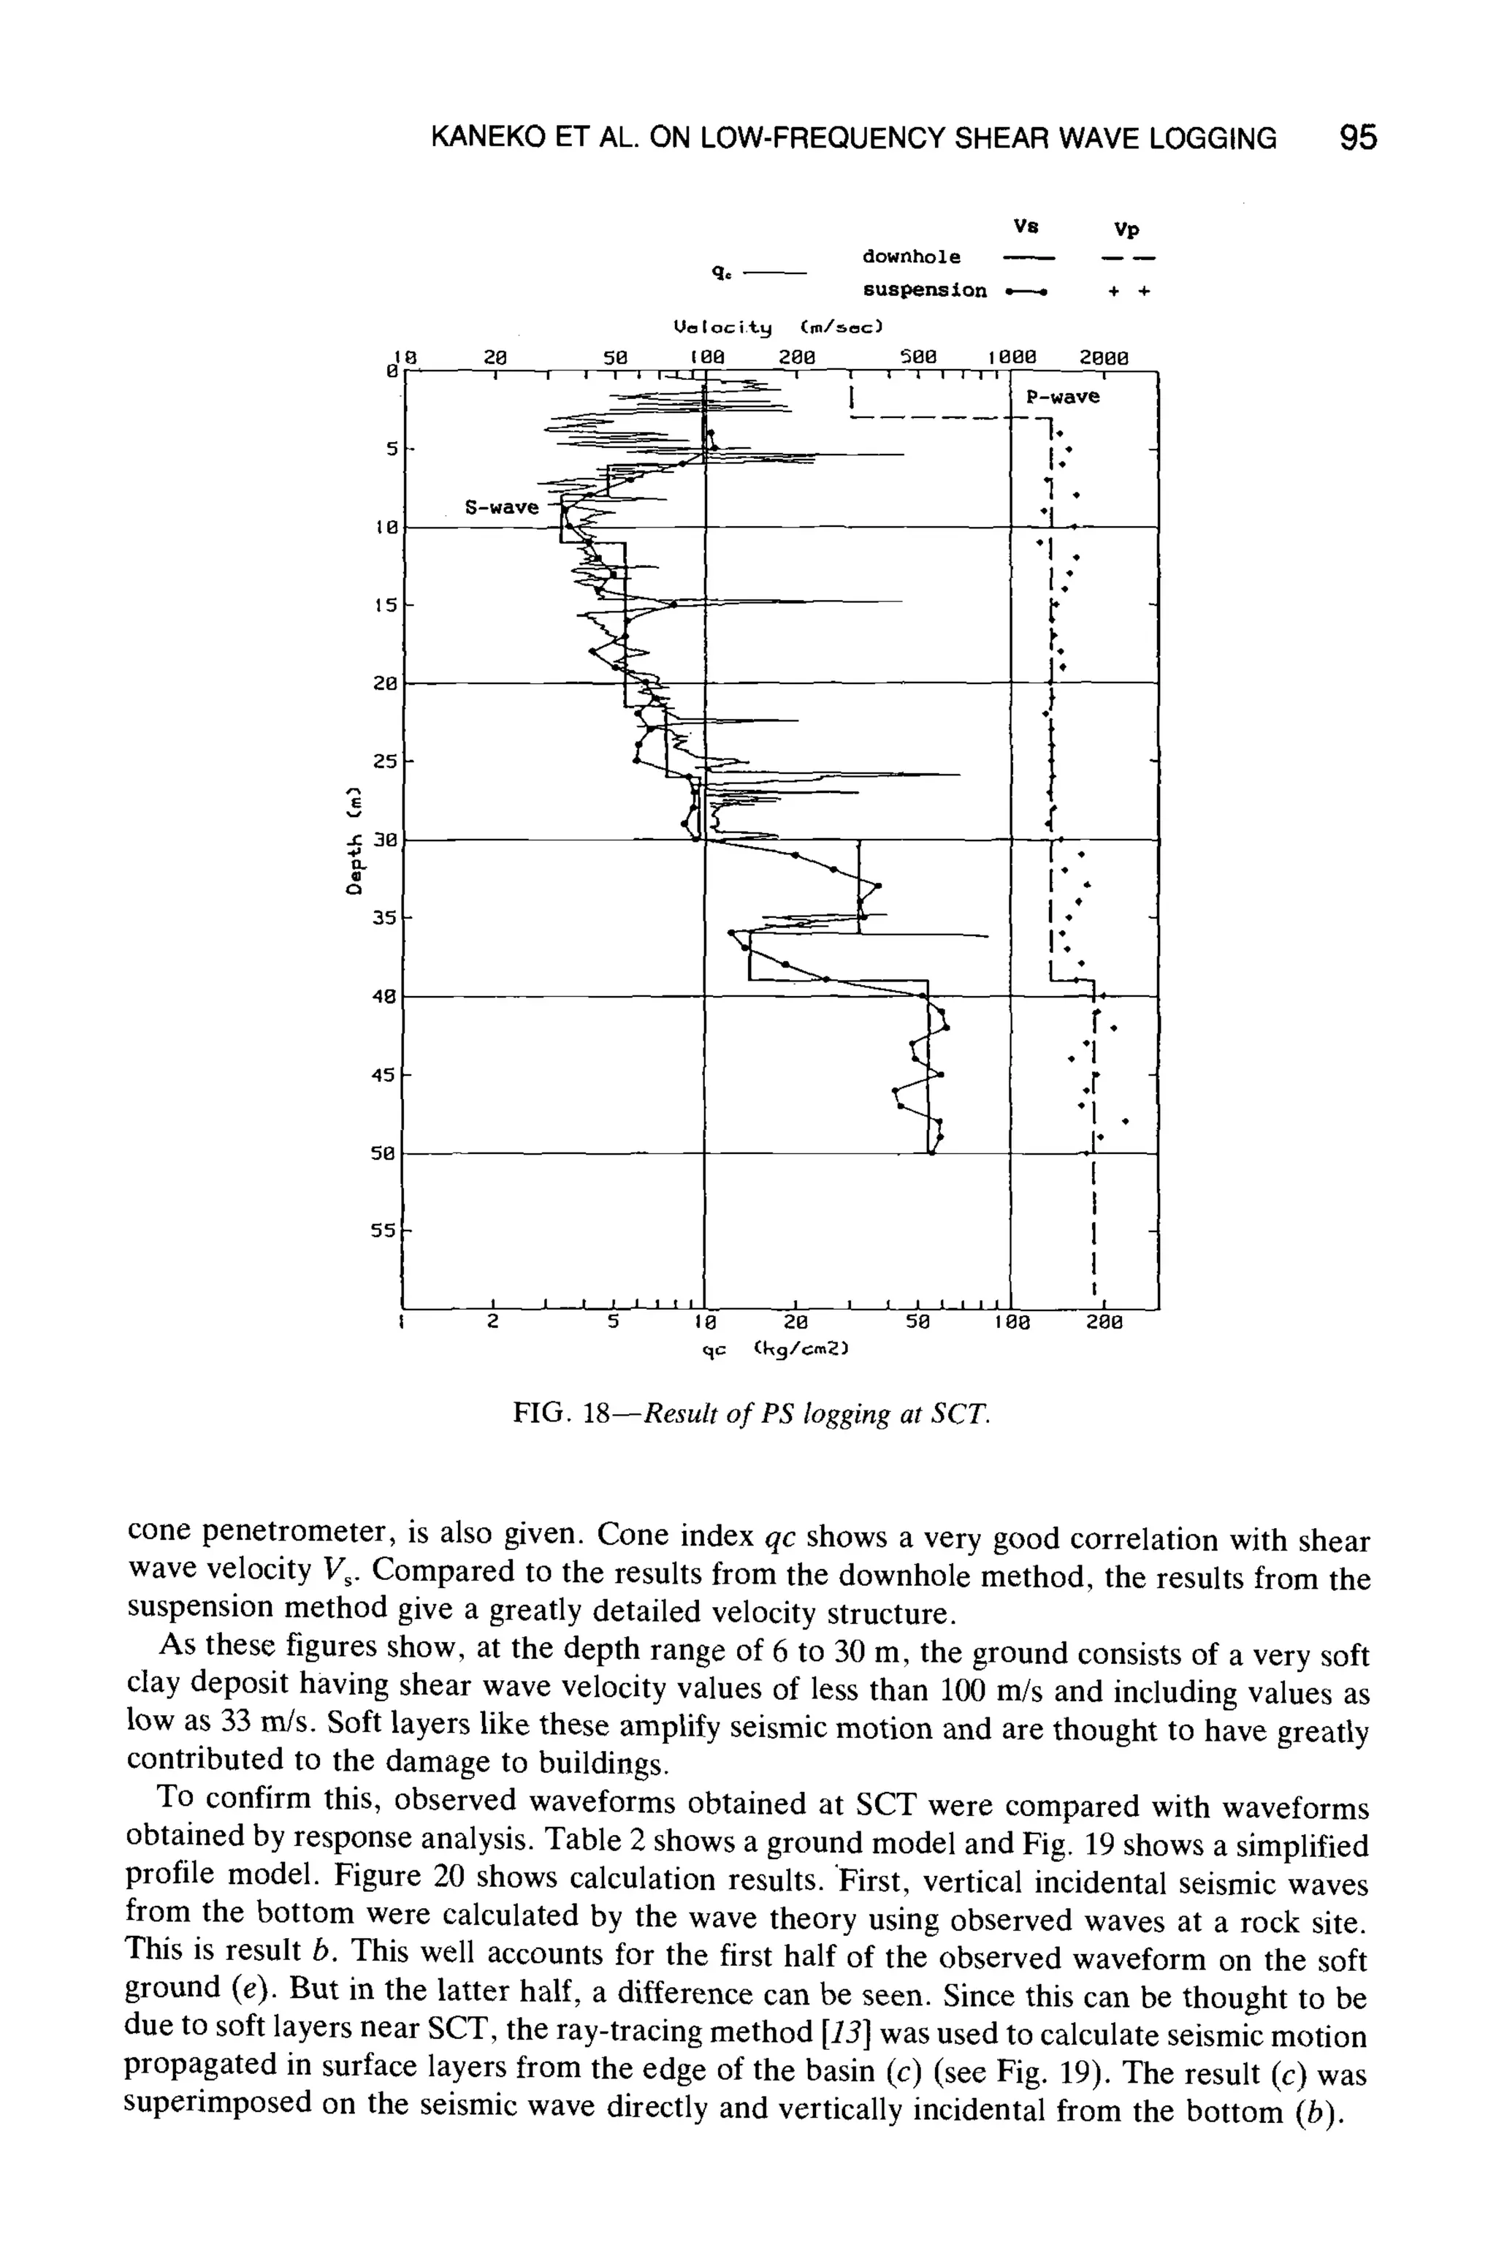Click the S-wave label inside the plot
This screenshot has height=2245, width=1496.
[x=502, y=507]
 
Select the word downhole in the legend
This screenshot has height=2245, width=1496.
[x=911, y=257]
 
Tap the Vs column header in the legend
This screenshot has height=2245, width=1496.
[x=1026, y=227]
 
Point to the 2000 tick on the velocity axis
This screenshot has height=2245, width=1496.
[x=1104, y=358]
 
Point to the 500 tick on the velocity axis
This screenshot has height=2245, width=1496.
[x=919, y=358]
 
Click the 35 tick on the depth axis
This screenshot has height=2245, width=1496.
[x=384, y=917]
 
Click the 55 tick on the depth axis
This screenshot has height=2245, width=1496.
[x=384, y=1231]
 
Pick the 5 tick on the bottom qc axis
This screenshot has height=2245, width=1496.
[x=613, y=1323]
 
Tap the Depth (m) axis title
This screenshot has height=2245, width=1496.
[x=355, y=839]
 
